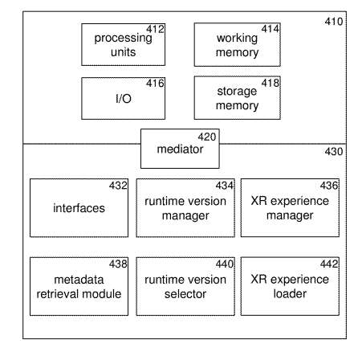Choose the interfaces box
tap(79, 207)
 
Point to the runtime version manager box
tap(185, 207)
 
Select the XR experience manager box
tap(290, 207)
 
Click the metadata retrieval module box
tap(79, 286)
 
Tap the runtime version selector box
tap(185, 286)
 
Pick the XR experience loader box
tap(290, 286)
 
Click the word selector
tap(185, 294)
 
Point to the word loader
tap(290, 294)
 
